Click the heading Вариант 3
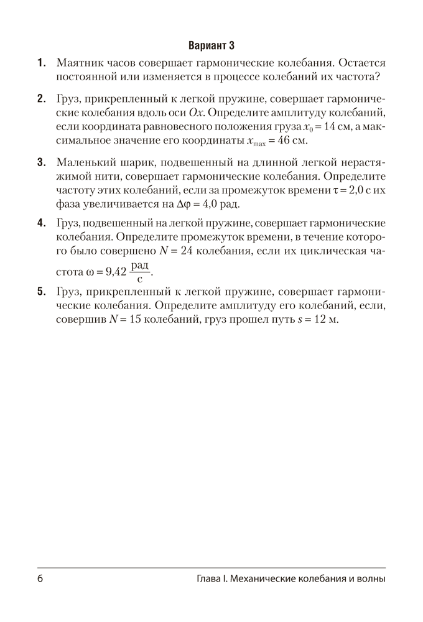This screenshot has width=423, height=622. [x=211, y=46]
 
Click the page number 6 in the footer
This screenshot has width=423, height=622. [x=40, y=579]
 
